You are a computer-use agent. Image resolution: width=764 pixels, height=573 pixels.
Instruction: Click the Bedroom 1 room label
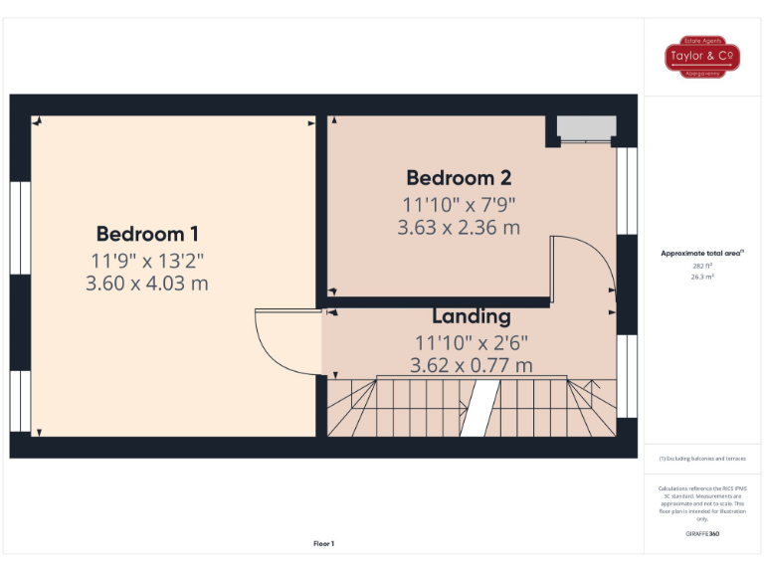[x=147, y=235]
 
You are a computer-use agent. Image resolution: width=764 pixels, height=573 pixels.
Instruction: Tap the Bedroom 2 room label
[x=459, y=178]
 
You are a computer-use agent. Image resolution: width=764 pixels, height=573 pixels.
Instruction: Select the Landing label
[x=471, y=317]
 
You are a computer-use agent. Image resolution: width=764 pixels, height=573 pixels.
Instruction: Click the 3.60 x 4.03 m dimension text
[x=147, y=284]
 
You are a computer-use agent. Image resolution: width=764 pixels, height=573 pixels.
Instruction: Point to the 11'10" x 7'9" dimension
[x=459, y=205]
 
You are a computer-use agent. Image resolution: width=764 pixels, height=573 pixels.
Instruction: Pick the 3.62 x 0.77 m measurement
[x=471, y=365]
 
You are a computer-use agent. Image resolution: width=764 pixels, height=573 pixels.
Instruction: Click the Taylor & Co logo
[x=702, y=57]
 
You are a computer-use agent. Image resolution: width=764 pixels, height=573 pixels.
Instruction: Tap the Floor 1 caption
[x=324, y=543]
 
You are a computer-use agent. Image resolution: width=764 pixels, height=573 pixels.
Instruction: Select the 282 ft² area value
[x=702, y=267]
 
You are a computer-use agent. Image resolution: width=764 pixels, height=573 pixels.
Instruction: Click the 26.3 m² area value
[x=702, y=278]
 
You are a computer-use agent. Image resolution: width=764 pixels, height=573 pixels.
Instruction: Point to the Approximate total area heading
[x=702, y=254]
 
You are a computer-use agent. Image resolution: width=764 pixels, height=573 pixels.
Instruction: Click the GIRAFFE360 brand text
[x=702, y=534]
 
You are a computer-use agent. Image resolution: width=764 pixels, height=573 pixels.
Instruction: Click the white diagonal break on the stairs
[x=481, y=407]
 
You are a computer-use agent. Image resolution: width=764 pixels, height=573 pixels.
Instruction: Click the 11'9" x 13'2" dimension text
[x=147, y=261]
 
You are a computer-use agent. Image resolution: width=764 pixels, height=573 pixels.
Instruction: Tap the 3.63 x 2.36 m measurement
[x=459, y=228]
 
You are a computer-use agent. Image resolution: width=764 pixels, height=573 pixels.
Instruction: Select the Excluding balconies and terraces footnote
[x=702, y=459]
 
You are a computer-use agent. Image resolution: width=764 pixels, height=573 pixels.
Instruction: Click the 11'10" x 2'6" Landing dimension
[x=471, y=342]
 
